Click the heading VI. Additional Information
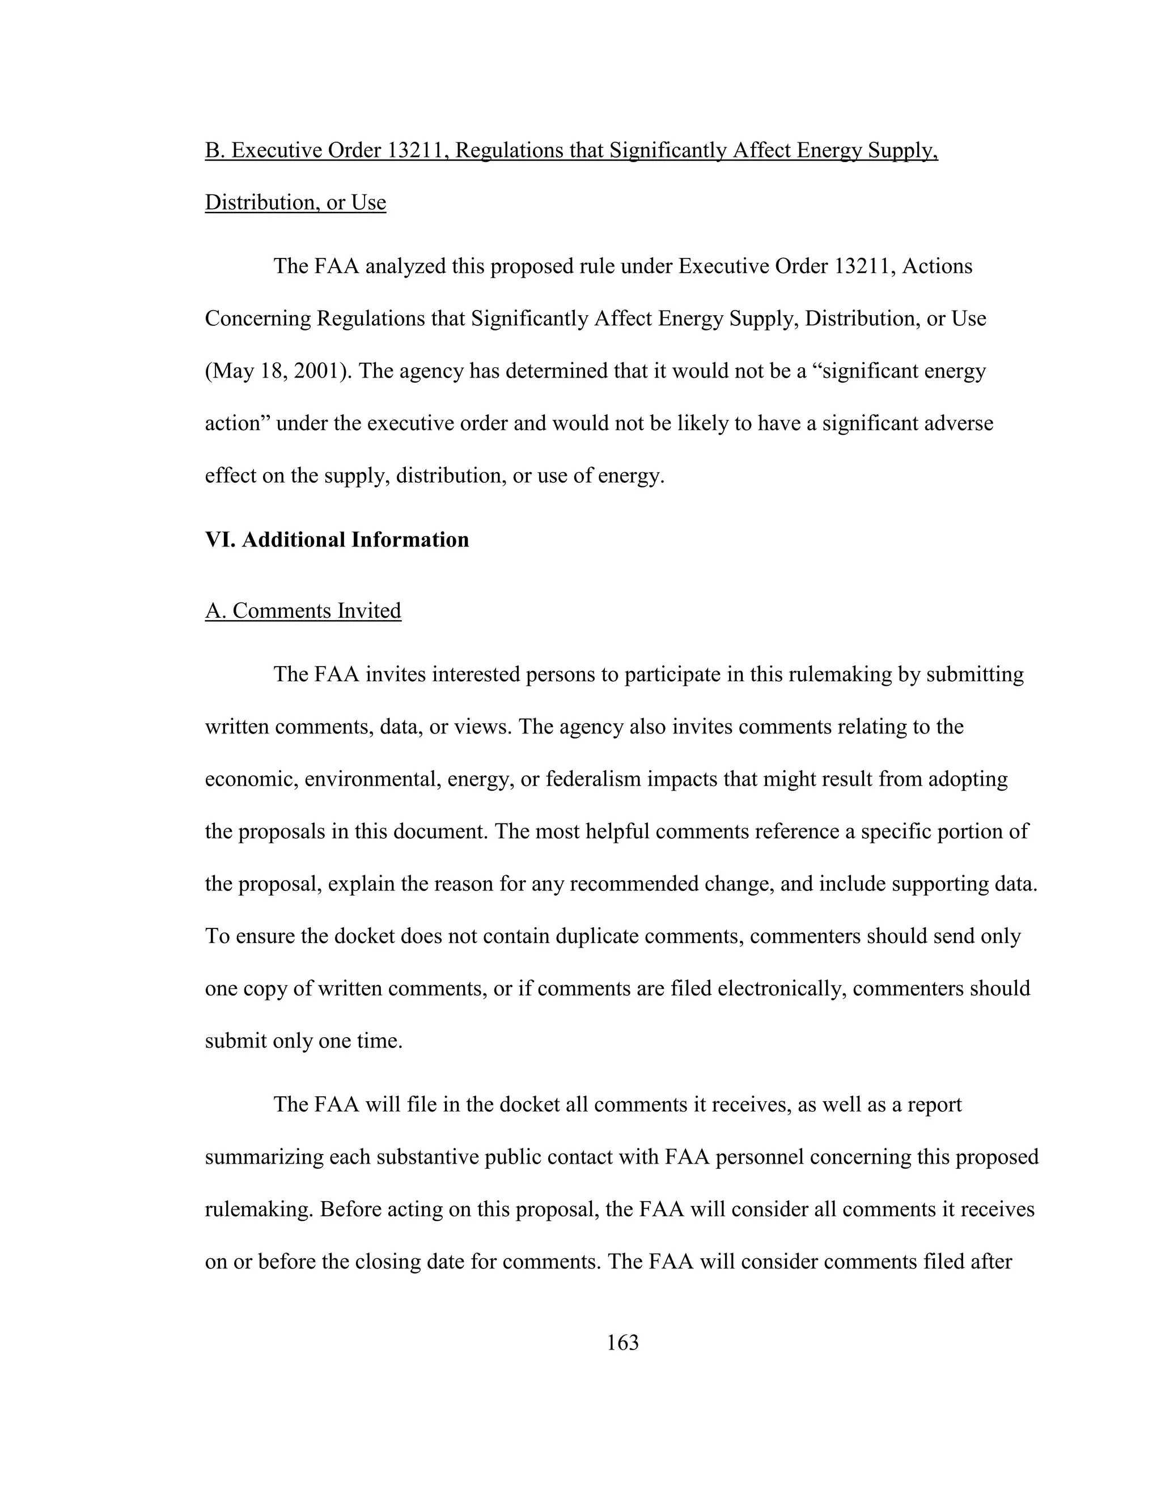[x=337, y=540]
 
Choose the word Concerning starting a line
[x=258, y=319]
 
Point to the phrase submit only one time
[x=303, y=1041]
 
